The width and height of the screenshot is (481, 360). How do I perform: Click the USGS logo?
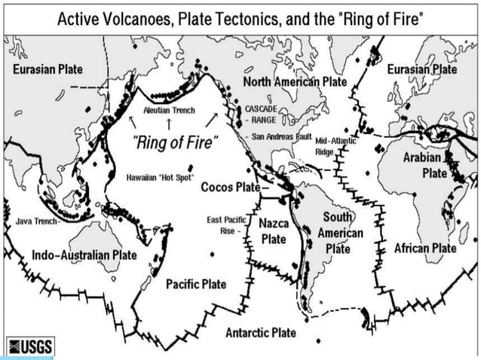(28, 346)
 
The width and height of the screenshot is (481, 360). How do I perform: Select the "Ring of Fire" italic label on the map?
(174, 141)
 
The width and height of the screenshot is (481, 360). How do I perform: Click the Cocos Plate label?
(230, 187)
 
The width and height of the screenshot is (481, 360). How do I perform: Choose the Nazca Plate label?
(274, 231)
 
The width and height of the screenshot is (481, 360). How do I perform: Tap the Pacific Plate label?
(196, 284)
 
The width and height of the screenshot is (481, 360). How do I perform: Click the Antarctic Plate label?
(261, 332)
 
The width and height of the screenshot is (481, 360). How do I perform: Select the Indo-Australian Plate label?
(84, 255)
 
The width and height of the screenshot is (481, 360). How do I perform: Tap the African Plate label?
(425, 248)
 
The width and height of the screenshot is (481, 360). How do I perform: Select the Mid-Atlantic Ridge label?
(335, 145)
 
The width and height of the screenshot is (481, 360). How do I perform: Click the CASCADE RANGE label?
(262, 114)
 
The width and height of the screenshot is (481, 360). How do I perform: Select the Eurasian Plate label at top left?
(48, 69)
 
